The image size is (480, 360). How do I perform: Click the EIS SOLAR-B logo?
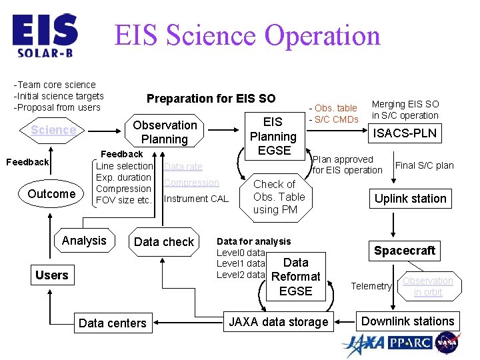click(x=45, y=35)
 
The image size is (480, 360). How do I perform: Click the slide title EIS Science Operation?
click(x=247, y=35)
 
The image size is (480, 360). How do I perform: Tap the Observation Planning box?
click(x=165, y=132)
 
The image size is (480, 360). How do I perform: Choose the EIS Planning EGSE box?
click(x=273, y=136)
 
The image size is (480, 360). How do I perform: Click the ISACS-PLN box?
click(x=405, y=133)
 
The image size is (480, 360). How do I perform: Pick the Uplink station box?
click(x=410, y=199)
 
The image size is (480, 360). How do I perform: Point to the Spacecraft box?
click(x=405, y=251)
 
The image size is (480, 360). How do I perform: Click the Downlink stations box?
click(x=407, y=321)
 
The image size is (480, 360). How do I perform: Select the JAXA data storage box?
click(x=279, y=323)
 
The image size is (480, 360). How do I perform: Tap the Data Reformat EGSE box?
click(x=295, y=277)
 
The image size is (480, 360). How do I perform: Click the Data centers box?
click(x=112, y=323)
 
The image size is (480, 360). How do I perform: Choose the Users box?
click(x=52, y=275)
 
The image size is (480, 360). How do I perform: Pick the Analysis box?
click(x=84, y=241)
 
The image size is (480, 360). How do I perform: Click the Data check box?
click(x=164, y=242)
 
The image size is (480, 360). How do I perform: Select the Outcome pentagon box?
click(x=51, y=194)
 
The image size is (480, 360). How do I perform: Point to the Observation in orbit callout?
click(x=427, y=286)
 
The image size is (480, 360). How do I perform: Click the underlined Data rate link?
click(x=183, y=167)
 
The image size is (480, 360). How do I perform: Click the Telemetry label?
click(x=371, y=286)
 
